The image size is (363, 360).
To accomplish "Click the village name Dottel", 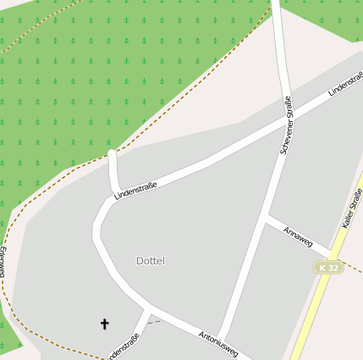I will tap(151, 261).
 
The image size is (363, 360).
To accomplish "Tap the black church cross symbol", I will tap(105, 324).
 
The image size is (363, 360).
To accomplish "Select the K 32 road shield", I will tap(328, 268).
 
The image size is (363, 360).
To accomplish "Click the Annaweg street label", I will tap(298, 237).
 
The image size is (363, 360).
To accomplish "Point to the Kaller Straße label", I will tap(352, 208).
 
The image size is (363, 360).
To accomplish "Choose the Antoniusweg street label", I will tap(218, 343).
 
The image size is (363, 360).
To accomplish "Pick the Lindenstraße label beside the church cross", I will tap(124, 347).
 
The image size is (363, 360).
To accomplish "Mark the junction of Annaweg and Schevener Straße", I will tap(266, 219).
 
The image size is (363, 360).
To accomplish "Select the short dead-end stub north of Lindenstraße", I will tap(113, 169).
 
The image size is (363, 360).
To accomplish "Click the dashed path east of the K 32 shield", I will tap(355, 270).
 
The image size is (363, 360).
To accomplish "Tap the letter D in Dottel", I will tap(140, 261).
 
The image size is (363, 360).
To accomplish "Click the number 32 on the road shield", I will tap(333, 268).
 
